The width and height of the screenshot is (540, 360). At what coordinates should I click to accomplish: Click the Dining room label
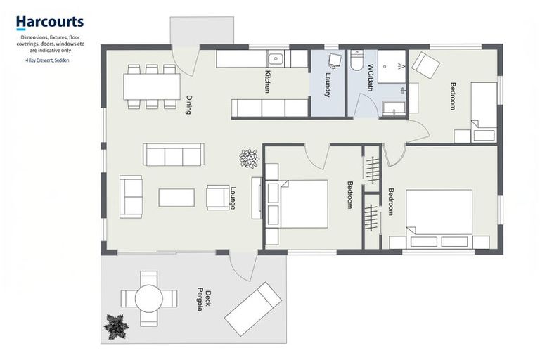[189, 105]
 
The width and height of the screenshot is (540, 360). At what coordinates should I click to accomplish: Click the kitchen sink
[275, 59]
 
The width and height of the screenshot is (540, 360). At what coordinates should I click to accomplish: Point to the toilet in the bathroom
[356, 61]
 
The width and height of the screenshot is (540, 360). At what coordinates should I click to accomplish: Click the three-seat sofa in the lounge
[173, 155]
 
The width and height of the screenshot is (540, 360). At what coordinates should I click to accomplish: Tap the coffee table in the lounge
[176, 198]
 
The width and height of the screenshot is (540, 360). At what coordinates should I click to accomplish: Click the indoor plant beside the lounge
[249, 158]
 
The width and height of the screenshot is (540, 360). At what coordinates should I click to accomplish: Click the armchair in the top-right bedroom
[425, 65]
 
